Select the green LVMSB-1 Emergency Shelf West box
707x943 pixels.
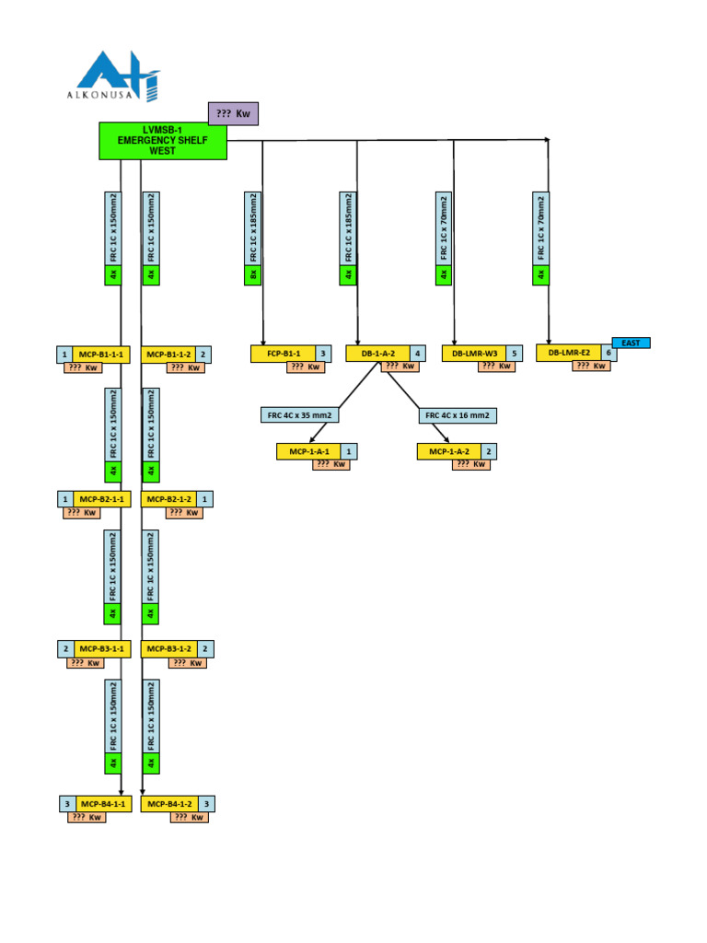click(x=163, y=140)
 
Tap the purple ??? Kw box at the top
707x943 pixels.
click(x=233, y=113)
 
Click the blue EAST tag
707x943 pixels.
click(x=631, y=343)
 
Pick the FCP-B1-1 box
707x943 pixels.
click(x=283, y=354)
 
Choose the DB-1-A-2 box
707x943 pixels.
click(x=377, y=354)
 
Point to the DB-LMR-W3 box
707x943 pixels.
click(x=474, y=354)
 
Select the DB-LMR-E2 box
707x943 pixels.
click(x=569, y=353)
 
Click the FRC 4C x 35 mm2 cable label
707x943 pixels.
click(x=300, y=415)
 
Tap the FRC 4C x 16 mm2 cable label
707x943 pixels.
click(x=458, y=415)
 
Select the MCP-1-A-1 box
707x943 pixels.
click(x=309, y=451)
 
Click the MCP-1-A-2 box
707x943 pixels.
click(x=449, y=451)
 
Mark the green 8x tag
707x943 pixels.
click(x=253, y=274)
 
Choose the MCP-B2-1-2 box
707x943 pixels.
click(x=168, y=499)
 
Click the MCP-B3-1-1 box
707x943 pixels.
click(x=99, y=649)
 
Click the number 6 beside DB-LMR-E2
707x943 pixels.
click(x=609, y=353)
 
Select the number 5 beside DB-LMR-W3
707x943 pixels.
click(x=514, y=354)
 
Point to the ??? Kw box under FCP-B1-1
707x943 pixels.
click(x=306, y=367)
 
